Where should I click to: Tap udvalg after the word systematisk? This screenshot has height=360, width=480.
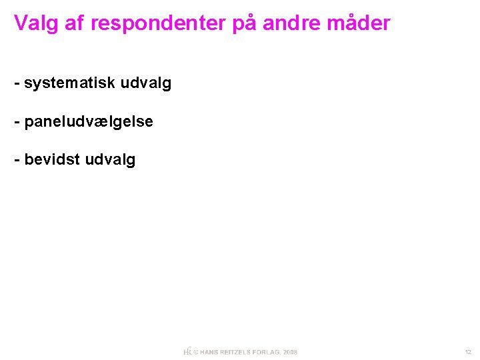(x=146, y=84)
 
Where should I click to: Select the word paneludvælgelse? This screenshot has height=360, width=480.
(x=89, y=122)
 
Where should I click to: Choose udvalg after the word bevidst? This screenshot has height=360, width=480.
(x=111, y=161)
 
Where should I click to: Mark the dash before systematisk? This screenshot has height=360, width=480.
(x=17, y=84)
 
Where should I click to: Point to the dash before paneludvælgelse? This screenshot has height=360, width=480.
(x=17, y=122)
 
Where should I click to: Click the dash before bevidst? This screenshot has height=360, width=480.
(x=17, y=161)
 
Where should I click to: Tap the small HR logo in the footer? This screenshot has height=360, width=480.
(x=187, y=351)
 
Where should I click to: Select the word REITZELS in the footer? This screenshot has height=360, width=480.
(x=238, y=352)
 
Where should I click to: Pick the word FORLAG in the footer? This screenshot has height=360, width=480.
(x=269, y=352)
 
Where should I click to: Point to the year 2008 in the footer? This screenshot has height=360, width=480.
(x=290, y=352)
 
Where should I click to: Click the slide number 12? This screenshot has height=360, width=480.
(x=468, y=352)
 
